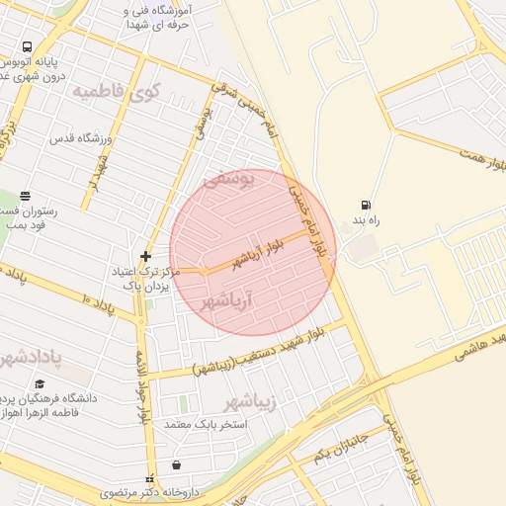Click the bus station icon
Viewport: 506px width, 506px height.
click(27, 46)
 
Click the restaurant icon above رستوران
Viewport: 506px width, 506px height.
click(25, 196)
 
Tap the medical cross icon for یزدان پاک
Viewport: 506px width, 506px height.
click(145, 256)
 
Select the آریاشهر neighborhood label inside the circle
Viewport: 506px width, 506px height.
click(234, 297)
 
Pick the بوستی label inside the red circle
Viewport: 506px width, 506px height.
click(228, 180)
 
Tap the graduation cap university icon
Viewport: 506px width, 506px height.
click(41, 384)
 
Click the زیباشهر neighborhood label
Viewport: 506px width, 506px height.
click(246, 401)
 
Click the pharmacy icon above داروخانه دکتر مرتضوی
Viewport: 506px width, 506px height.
click(176, 464)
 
